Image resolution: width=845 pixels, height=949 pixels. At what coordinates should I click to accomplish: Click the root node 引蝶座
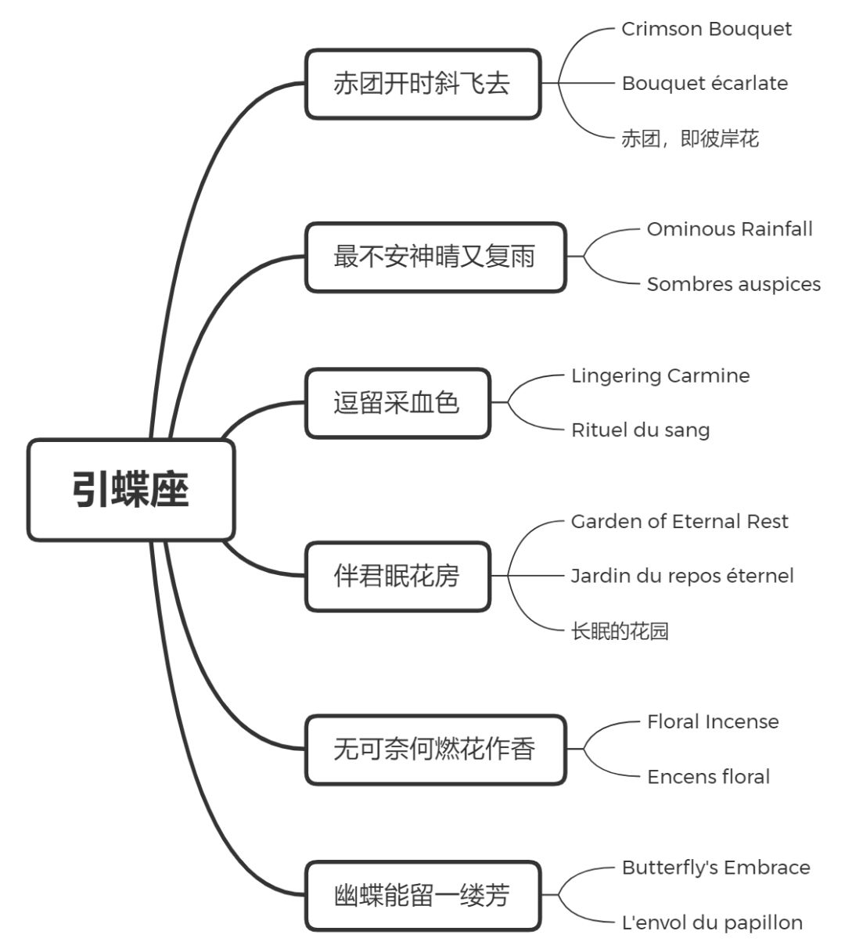click(131, 491)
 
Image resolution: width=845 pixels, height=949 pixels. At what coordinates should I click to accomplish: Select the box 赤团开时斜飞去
click(422, 84)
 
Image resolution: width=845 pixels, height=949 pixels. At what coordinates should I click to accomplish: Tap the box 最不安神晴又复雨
click(435, 257)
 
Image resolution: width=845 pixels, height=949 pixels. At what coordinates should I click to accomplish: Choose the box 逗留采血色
click(397, 403)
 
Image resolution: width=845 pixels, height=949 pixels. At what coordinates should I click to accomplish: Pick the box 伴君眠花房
click(397, 577)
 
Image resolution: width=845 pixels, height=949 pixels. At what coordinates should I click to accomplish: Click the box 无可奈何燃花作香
click(435, 749)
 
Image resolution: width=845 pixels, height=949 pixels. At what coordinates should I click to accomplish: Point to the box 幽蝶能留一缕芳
click(422, 896)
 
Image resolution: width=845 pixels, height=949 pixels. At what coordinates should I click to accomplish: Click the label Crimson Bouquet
click(706, 29)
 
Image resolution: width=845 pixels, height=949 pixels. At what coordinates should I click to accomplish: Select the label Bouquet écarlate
click(704, 84)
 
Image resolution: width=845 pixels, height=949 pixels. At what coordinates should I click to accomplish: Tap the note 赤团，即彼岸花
click(690, 139)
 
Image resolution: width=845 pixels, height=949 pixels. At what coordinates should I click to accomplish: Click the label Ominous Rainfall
click(729, 229)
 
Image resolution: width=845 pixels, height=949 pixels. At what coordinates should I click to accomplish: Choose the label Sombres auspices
click(733, 284)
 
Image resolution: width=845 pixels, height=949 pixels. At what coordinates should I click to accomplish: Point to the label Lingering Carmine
click(660, 376)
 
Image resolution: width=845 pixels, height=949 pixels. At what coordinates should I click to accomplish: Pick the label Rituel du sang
click(640, 430)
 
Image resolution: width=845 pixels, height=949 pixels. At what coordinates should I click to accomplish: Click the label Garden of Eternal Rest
click(679, 522)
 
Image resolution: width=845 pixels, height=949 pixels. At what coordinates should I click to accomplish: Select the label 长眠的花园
click(620, 631)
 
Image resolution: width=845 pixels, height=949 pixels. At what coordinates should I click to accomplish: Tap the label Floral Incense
click(713, 722)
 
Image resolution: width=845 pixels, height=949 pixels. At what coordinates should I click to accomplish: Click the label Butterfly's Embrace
click(715, 868)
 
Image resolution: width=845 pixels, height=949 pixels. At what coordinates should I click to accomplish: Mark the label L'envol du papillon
click(712, 923)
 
